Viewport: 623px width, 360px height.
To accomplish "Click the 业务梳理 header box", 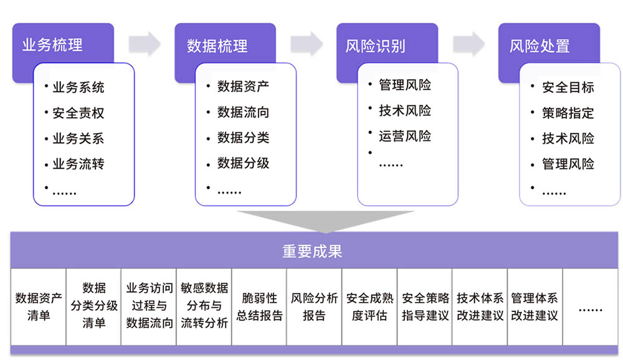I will coord(53,45).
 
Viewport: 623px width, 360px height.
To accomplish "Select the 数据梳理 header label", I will coord(217,45).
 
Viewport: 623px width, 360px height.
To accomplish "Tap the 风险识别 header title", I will coord(376,45).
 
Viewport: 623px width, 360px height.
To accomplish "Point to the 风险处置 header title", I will coord(540,45).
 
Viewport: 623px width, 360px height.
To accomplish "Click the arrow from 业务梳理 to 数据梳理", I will coord(145,43).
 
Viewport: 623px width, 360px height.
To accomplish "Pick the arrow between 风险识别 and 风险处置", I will coord(468,43).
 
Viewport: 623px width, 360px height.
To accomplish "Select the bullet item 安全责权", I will coord(78,113).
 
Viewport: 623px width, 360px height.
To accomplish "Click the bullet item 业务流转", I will coord(78,164).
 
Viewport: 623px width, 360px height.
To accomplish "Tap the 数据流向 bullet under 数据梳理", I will coord(243,112).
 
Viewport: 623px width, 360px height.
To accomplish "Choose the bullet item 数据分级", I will coord(243,163).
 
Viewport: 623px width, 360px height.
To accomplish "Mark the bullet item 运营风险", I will coord(405,136).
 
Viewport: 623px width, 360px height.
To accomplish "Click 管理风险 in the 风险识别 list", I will coord(405,85).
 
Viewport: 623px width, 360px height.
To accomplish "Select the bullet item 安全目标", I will coord(568,87).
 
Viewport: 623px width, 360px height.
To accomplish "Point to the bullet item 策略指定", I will coord(568,113).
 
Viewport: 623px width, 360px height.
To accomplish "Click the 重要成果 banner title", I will coord(312,251).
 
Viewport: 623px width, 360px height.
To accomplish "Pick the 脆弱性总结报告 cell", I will coord(259,306).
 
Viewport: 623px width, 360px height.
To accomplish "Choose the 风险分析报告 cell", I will coord(314,306).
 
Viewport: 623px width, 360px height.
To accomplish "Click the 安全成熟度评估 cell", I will coord(369,306).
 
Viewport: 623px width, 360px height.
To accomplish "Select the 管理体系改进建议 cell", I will coord(535,306).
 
